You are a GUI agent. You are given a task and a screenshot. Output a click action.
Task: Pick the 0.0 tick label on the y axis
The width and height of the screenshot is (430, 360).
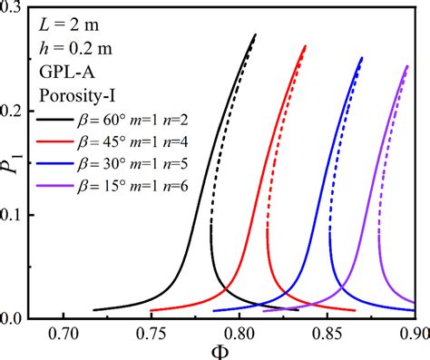26,318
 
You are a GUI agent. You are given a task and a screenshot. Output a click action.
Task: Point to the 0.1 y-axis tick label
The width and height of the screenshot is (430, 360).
26,214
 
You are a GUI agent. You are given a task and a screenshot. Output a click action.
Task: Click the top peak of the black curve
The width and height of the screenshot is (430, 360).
256,34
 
